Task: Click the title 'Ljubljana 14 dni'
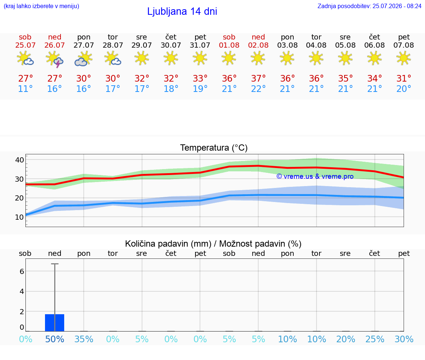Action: click(182, 11)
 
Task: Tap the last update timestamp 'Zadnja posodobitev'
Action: click(369, 6)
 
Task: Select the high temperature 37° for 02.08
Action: click(258, 78)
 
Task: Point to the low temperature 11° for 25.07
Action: click(25, 89)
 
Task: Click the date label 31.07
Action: click(200, 45)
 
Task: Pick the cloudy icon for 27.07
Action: click(83, 59)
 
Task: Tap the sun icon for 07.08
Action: click(404, 58)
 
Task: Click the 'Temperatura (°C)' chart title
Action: click(214, 148)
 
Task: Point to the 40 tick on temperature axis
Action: click(20, 160)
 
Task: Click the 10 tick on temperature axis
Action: click(20, 217)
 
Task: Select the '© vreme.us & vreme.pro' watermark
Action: click(315, 176)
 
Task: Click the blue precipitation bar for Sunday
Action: click(55, 323)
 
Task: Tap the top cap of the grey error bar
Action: click(55, 264)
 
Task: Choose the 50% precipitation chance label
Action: click(55, 339)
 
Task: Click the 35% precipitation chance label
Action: click(84, 339)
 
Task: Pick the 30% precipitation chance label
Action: click(404, 339)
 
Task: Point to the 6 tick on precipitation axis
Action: click(22, 271)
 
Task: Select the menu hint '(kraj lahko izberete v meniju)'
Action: click(41, 6)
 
